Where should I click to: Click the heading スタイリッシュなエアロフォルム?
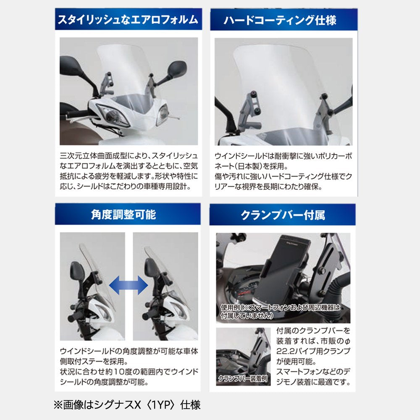point(128,20)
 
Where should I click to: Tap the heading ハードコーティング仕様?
point(280,20)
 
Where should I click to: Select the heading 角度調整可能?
point(123,214)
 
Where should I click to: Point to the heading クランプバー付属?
point(283,215)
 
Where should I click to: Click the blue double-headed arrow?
point(129,285)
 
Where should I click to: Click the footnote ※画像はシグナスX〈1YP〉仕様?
point(127,405)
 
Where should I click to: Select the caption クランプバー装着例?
point(243,378)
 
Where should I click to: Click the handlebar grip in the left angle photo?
point(76,317)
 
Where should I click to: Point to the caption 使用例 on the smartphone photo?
point(230,307)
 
